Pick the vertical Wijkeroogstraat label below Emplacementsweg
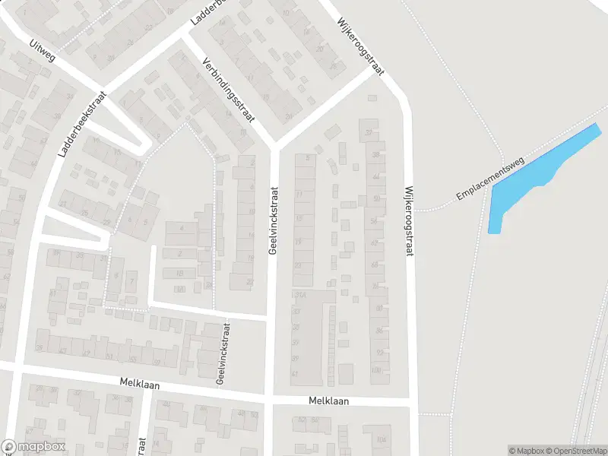(x=409, y=221)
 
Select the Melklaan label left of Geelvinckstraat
(x=140, y=385)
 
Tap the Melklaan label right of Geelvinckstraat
(x=328, y=401)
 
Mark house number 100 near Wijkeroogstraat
(x=378, y=370)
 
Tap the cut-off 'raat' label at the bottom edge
(x=142, y=445)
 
